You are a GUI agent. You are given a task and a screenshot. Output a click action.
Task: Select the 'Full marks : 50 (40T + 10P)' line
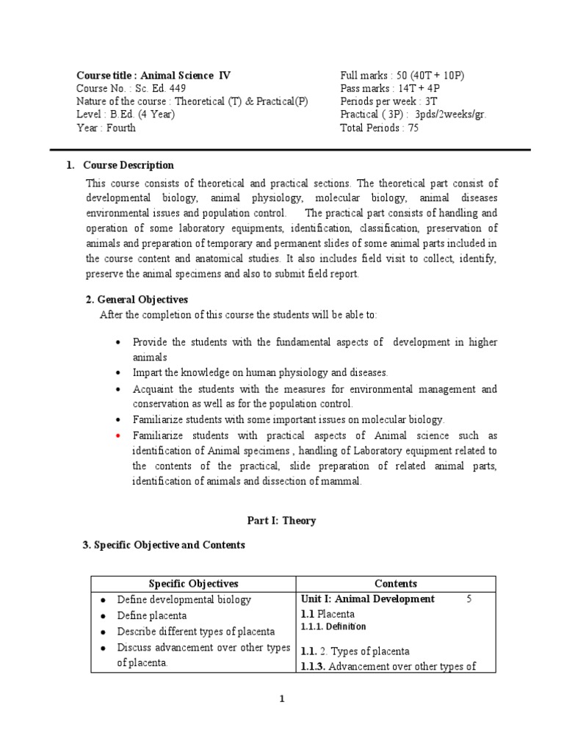pos(402,75)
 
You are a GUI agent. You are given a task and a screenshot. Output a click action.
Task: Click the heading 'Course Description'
pos(129,165)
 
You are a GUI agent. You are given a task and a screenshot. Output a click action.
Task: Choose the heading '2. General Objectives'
pos(137,300)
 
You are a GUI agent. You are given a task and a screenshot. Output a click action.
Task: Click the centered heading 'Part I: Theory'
pos(281,521)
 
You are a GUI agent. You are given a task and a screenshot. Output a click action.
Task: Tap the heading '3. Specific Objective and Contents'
pos(162,545)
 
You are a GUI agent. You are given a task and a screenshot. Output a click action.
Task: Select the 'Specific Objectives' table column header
pos(193,584)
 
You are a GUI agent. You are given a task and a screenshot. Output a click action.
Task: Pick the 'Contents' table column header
pos(395,584)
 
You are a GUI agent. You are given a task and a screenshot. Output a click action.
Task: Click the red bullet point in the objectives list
pos(118,435)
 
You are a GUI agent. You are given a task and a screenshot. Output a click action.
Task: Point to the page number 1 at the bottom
pos(281,698)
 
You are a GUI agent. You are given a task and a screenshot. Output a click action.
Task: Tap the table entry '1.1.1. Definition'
pos(333,626)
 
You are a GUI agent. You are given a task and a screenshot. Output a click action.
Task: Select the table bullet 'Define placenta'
pos(152,615)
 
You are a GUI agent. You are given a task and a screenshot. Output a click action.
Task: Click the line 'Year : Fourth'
pos(106,128)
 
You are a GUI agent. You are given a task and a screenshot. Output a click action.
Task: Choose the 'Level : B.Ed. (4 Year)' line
pos(126,115)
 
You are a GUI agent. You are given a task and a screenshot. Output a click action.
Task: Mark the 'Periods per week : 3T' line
pos(387,101)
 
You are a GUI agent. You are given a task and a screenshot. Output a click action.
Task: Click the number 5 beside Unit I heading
pos(469,599)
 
